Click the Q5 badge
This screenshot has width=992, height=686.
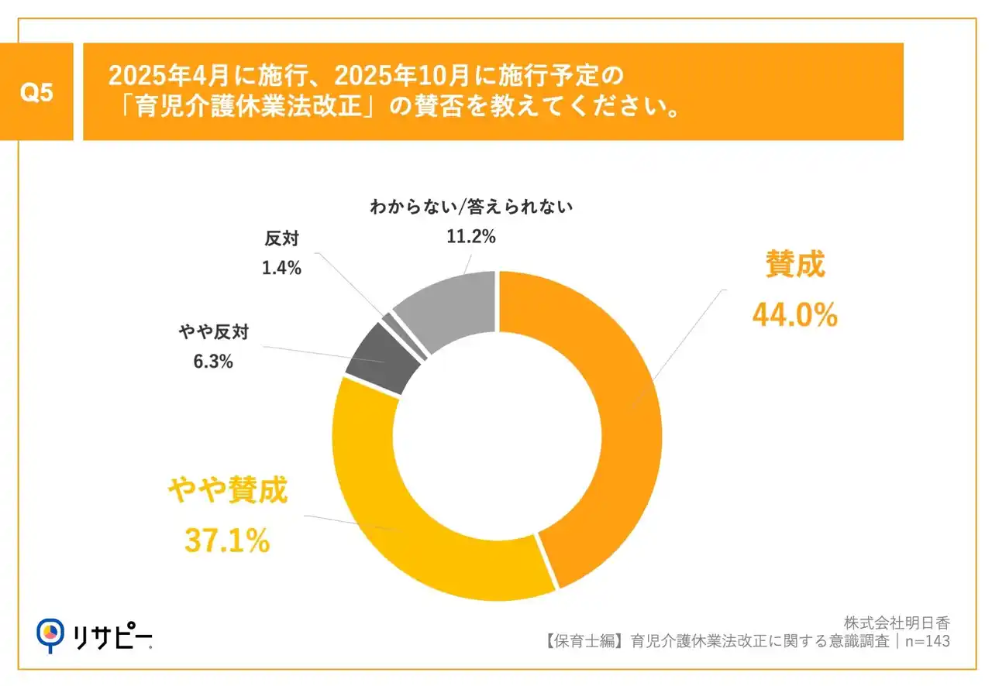tap(36, 92)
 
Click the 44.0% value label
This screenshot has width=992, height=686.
tap(794, 315)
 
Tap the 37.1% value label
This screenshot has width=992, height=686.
tap(226, 540)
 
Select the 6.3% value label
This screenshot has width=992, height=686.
tap(212, 361)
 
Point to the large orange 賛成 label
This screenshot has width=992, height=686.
tap(795, 265)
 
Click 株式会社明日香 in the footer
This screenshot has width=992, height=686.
tap(897, 623)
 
